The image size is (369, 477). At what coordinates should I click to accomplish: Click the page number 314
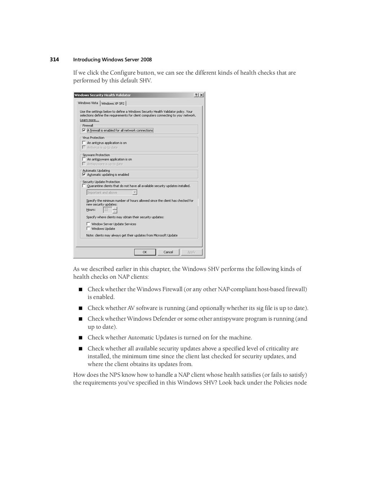(x=54, y=59)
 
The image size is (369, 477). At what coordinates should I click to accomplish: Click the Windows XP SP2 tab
(x=113, y=103)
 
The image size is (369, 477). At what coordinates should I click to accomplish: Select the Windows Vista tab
(x=88, y=103)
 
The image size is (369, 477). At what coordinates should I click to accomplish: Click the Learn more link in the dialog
(x=89, y=120)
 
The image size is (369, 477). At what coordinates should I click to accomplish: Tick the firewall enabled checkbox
(x=84, y=130)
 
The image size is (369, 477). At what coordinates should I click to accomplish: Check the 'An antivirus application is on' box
(x=84, y=143)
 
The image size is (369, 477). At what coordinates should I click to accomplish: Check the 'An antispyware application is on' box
(x=84, y=159)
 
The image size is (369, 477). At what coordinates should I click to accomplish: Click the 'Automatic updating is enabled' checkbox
(x=84, y=175)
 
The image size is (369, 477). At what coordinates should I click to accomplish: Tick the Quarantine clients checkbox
(x=84, y=186)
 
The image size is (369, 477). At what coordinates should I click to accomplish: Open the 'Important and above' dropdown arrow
(x=135, y=193)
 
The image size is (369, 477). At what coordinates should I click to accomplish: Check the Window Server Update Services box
(x=88, y=224)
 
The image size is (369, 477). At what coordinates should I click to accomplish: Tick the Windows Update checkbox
(x=88, y=229)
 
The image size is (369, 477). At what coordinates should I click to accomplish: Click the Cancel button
(x=168, y=252)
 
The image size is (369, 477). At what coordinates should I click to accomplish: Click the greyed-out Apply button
(x=191, y=252)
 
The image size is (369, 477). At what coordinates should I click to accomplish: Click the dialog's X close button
(x=201, y=95)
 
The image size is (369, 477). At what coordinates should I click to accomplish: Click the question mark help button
(x=196, y=95)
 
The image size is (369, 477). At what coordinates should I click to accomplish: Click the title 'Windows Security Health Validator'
(x=103, y=95)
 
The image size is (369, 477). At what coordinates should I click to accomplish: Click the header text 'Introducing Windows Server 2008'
(x=112, y=60)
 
